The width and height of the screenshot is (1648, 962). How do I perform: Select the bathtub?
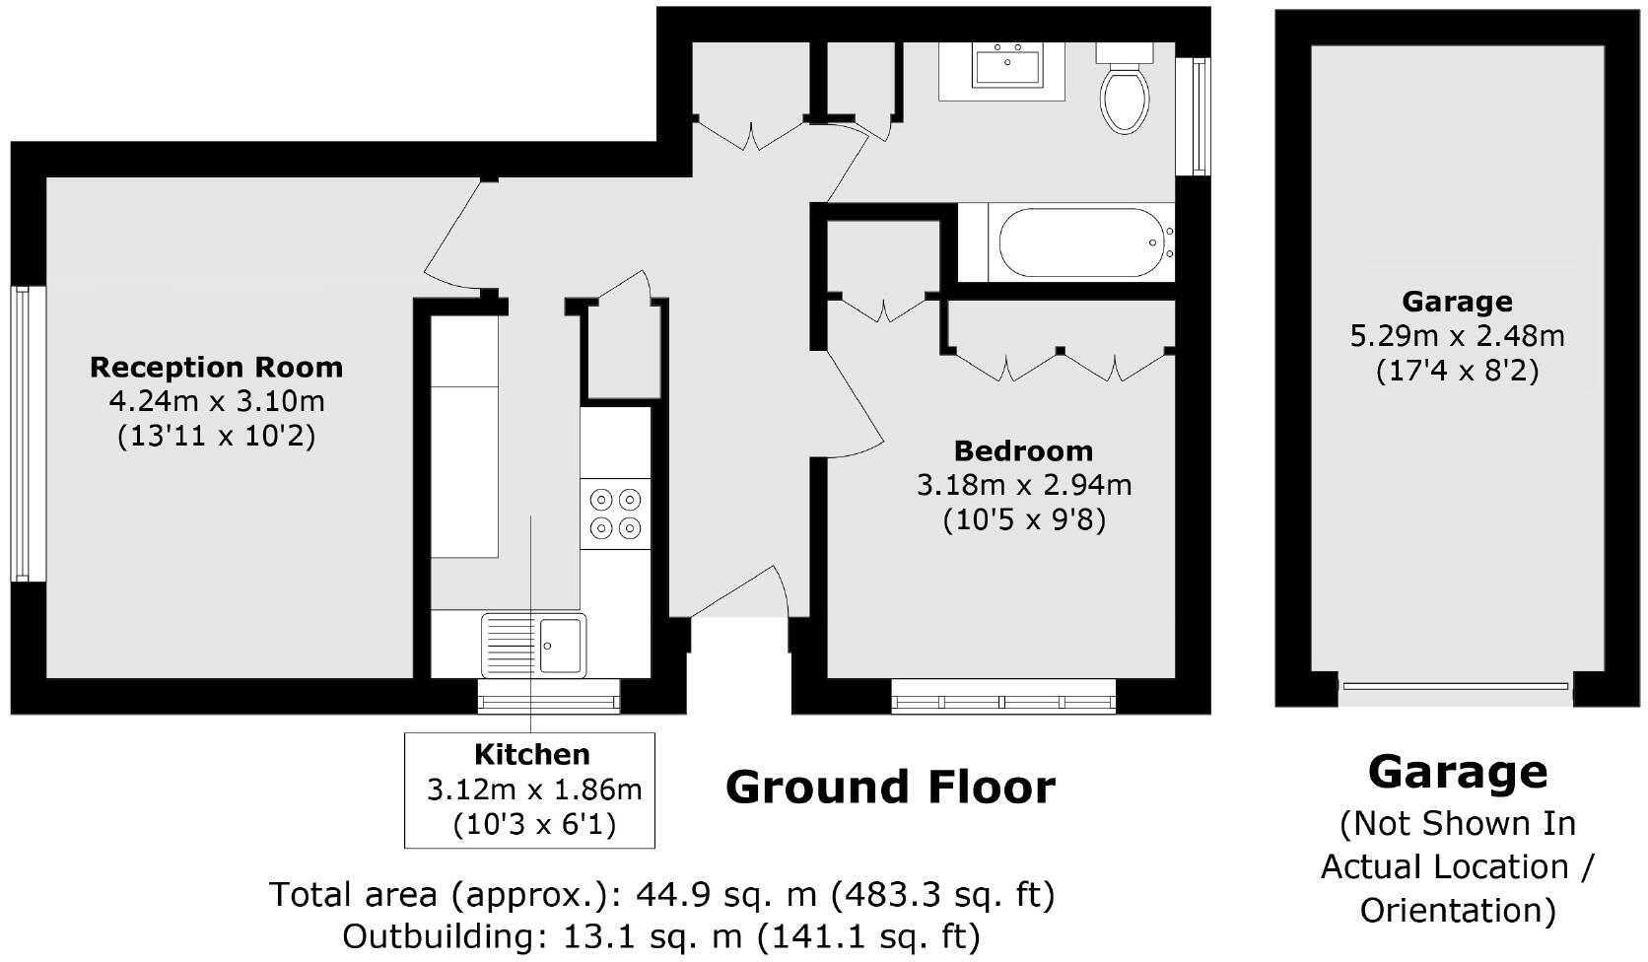pos(1080,242)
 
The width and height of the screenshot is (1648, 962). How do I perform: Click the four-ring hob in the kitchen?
pos(615,514)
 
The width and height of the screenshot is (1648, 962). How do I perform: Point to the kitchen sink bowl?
pos(560,645)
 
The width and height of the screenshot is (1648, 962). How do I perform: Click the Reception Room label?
pos(216,368)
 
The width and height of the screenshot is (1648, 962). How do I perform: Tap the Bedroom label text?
pos(1023,451)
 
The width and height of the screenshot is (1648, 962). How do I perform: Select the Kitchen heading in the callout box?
pos(531,755)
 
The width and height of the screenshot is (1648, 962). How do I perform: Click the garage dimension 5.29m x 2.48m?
pos(1457,336)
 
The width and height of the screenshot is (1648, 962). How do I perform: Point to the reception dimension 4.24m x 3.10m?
pos(216,401)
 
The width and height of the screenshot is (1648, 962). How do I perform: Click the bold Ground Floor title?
pos(889,788)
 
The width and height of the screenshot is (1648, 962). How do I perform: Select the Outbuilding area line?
pos(660,935)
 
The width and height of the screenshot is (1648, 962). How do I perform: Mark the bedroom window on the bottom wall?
pos(1003,699)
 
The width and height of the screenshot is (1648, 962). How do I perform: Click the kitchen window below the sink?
pos(549,698)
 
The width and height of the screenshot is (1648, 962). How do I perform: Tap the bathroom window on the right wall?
pos(1198,115)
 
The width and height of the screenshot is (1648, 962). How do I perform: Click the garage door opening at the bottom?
pos(1455,687)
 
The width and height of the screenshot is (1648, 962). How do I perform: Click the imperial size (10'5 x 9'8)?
pos(1023,519)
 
